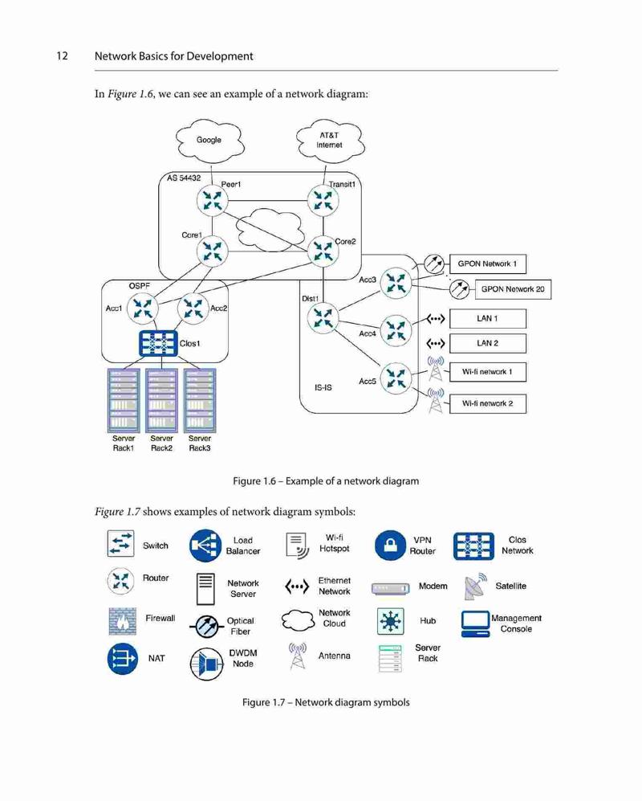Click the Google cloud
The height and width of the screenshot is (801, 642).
click(x=209, y=141)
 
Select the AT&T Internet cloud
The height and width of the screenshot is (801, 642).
click(x=330, y=141)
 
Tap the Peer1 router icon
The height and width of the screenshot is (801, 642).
click(x=213, y=200)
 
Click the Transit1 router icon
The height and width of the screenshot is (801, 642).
click(x=323, y=200)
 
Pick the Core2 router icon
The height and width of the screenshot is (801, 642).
click(x=323, y=251)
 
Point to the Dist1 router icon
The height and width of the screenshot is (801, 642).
click(x=323, y=317)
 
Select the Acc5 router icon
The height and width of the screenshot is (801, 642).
click(x=396, y=378)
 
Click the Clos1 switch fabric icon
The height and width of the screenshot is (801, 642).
click(x=159, y=343)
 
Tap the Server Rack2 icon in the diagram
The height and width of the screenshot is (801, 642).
click(x=162, y=400)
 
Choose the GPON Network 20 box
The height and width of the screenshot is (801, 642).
click(x=513, y=289)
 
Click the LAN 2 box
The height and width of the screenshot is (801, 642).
click(x=487, y=343)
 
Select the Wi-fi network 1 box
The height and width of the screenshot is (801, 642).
click(x=487, y=372)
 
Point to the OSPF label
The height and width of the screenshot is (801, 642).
click(x=140, y=286)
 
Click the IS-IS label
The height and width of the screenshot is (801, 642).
click(x=323, y=388)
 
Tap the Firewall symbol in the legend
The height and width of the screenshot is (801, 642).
click(x=123, y=621)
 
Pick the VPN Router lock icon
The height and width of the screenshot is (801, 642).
click(x=390, y=545)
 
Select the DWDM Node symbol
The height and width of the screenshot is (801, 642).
click(x=207, y=664)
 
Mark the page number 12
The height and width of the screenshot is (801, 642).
click(x=63, y=55)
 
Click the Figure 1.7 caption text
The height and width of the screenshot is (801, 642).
click(x=326, y=702)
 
